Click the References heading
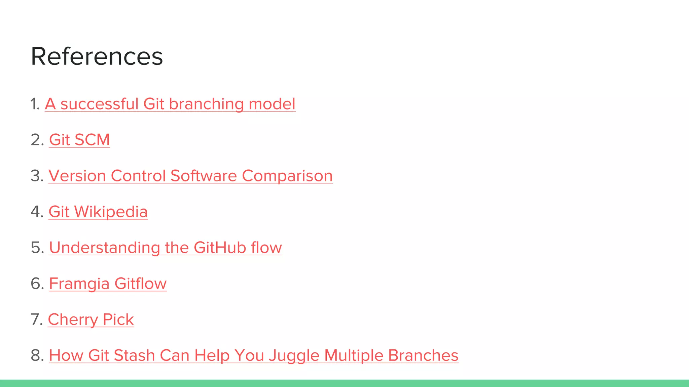97,56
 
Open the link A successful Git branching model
170,104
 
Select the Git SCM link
79,140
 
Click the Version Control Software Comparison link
190,176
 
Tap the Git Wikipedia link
98,212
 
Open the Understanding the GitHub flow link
165,248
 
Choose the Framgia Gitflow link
108,284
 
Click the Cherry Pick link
91,319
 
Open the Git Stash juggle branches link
253,355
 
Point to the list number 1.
35,104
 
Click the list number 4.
37,212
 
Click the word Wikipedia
111,212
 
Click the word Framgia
79,284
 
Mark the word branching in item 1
206,104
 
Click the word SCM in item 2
92,140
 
